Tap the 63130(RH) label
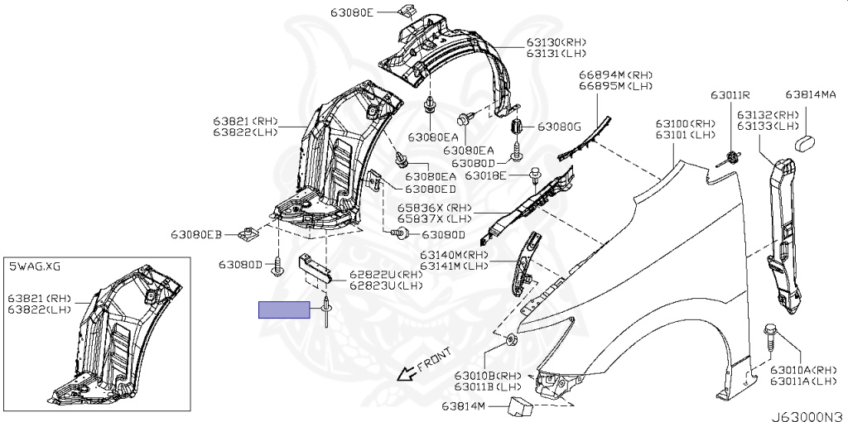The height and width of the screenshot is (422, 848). tap(556, 42)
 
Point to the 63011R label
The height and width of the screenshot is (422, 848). tap(729, 95)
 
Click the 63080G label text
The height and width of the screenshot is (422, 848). tap(560, 127)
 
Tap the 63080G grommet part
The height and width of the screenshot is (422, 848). tap(518, 127)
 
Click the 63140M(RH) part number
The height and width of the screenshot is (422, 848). tap(455, 254)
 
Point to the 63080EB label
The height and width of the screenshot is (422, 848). tap(196, 236)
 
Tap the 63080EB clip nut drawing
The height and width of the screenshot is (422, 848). tap(247, 236)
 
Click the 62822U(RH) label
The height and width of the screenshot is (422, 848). tap(385, 274)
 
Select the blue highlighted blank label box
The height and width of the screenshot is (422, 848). tap(284, 310)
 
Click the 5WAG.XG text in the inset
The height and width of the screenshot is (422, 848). tap(35, 266)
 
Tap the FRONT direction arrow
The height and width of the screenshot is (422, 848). tap(407, 372)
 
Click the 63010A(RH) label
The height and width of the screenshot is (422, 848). tap(803, 369)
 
